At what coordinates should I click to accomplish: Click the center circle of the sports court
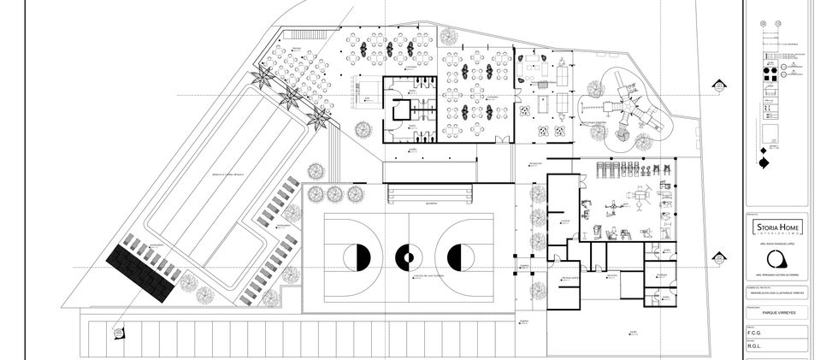tap(408, 255)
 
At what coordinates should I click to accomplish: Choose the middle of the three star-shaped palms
tap(291, 95)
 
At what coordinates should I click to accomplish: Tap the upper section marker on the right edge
tap(719, 86)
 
